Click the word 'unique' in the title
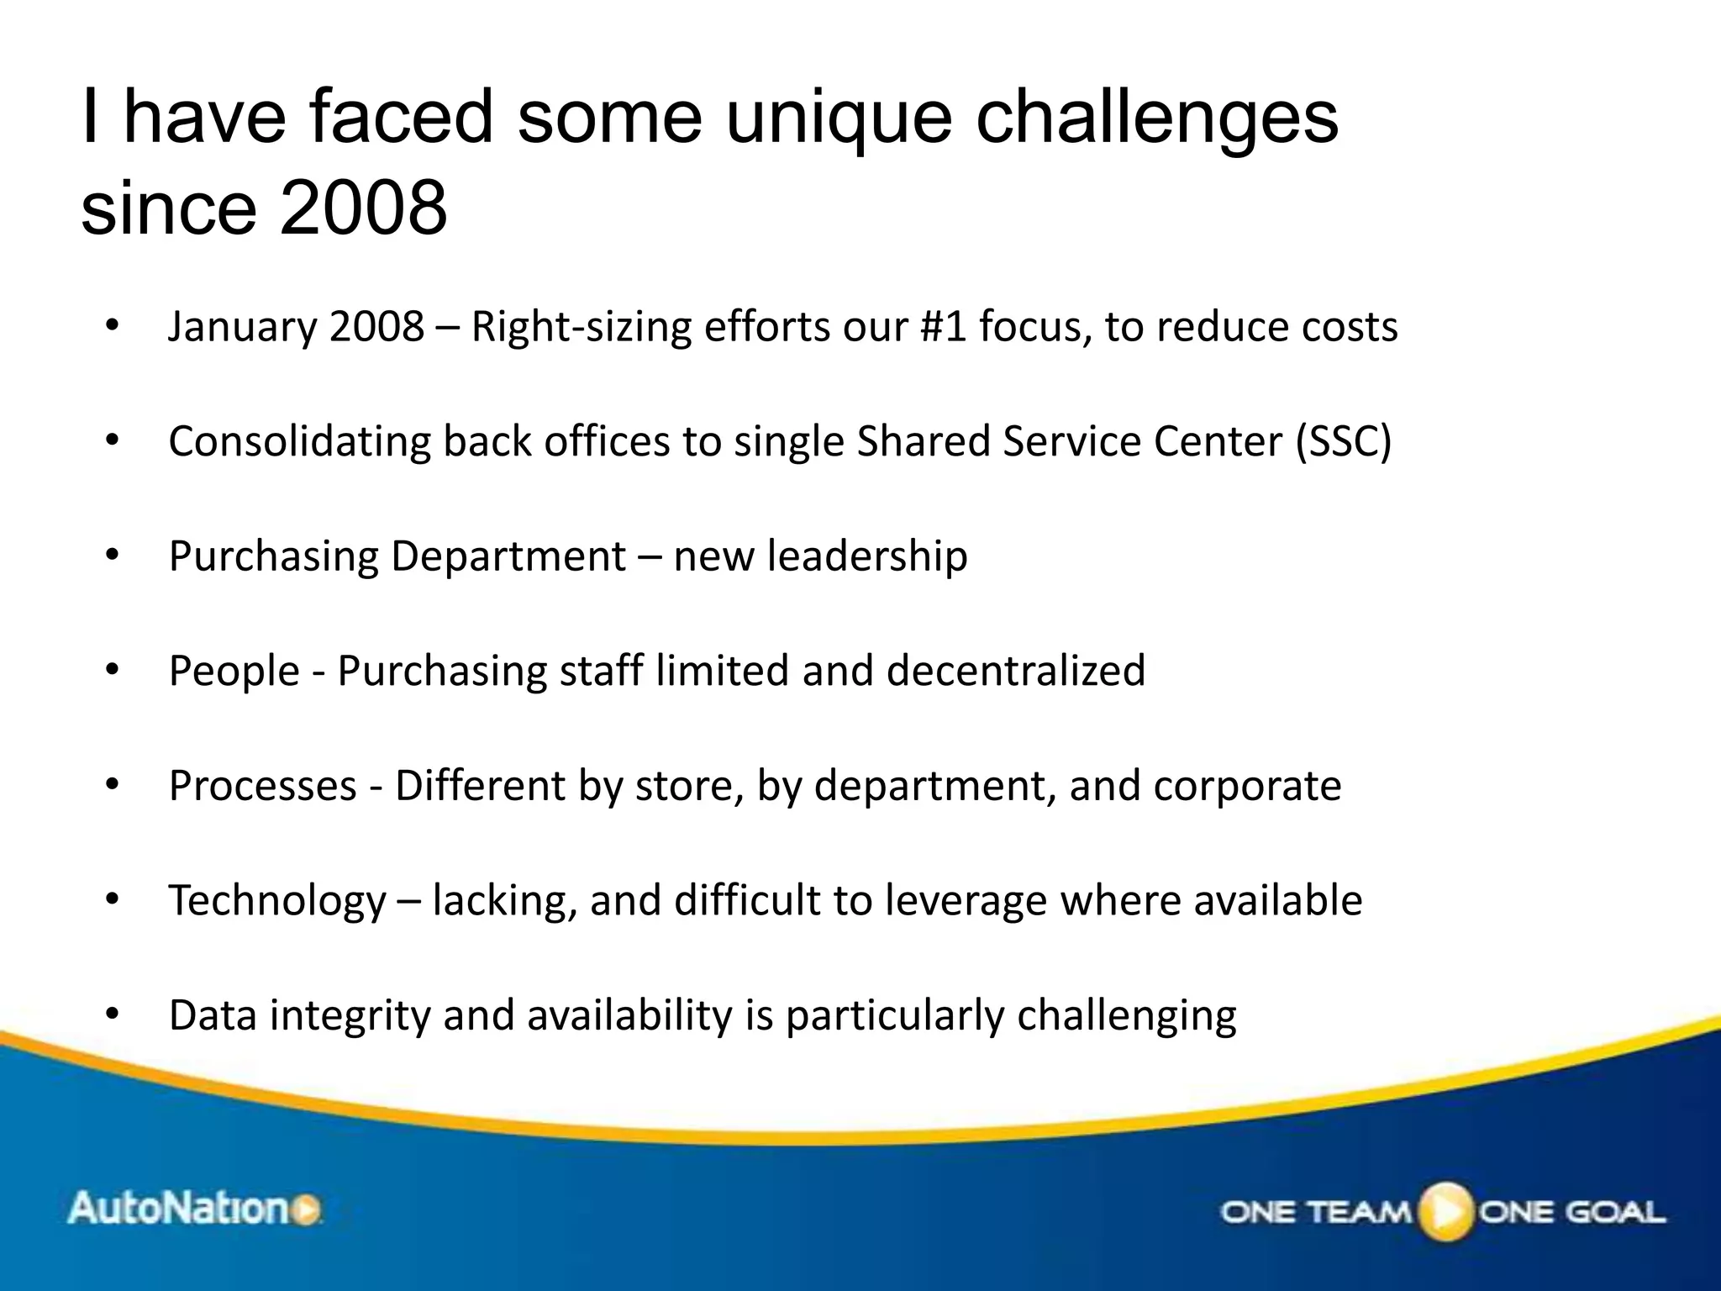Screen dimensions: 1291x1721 (x=838, y=119)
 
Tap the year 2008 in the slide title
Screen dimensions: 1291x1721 (x=363, y=208)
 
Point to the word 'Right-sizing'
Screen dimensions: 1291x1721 (x=581, y=327)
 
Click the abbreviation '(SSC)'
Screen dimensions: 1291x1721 (x=1343, y=441)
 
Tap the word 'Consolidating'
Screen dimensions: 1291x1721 (x=299, y=441)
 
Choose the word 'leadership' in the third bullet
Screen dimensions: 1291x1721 (x=866, y=556)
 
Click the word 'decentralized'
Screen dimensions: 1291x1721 (x=1015, y=671)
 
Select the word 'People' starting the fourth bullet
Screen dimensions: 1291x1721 (x=234, y=671)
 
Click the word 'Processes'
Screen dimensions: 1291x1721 (x=262, y=786)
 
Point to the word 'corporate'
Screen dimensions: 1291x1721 (x=1247, y=786)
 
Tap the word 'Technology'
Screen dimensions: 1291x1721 (x=277, y=901)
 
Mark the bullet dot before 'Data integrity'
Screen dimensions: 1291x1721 (x=113, y=1015)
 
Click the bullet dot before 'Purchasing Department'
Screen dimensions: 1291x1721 (x=113, y=556)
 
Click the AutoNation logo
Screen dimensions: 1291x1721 (x=194, y=1209)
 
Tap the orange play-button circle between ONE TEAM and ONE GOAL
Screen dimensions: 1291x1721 (x=1445, y=1211)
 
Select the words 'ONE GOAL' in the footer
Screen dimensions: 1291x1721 (x=1571, y=1212)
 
